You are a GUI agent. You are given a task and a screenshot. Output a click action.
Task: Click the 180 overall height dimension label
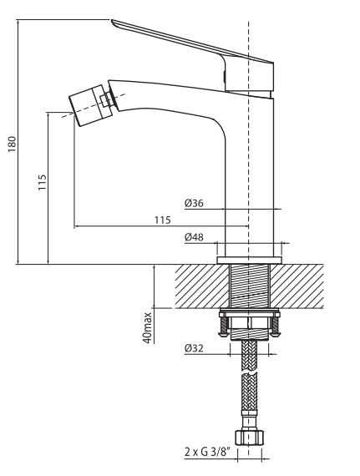[12, 144]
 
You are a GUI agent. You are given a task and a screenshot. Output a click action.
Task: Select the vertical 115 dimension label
[43, 182]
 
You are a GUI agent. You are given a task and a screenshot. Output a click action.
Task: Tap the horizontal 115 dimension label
[163, 220]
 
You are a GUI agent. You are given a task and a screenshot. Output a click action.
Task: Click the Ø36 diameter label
[194, 203]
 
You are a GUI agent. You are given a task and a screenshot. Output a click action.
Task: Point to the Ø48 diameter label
[194, 237]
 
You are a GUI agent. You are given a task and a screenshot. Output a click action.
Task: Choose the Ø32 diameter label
[194, 348]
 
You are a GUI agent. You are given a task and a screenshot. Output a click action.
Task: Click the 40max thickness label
[148, 328]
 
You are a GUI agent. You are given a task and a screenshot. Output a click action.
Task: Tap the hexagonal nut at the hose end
[250, 438]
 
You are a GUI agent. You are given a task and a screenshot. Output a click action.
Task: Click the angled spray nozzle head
[90, 105]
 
